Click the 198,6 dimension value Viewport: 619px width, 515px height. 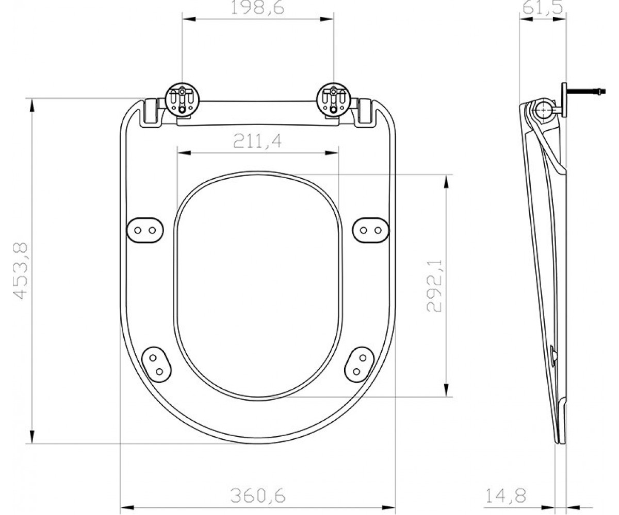[x=257, y=8]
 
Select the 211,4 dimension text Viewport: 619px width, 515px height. [x=257, y=141]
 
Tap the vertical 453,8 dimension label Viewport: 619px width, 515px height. [x=20, y=271]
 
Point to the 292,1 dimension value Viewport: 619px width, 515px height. [x=434, y=286]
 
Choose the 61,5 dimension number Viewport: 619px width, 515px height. [x=542, y=8]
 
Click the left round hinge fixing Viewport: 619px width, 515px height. [x=182, y=99]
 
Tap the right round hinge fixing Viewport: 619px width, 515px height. [x=334, y=99]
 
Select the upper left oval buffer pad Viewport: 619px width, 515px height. [x=145, y=230]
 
